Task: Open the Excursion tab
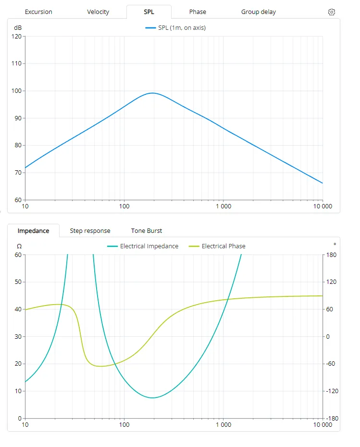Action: (38, 12)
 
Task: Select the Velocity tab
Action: (98, 12)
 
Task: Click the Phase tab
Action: (198, 12)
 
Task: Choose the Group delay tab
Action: (259, 12)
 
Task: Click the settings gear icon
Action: (331, 12)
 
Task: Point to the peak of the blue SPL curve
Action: (152, 93)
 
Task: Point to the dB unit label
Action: (18, 28)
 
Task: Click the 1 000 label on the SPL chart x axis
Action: (223, 206)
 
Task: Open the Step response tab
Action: (90, 231)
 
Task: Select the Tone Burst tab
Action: (147, 231)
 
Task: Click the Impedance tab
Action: (33, 231)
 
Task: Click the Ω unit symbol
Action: (19, 246)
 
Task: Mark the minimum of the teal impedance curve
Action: (152, 398)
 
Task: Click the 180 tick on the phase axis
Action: (331, 255)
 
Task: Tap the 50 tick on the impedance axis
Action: (18, 282)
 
